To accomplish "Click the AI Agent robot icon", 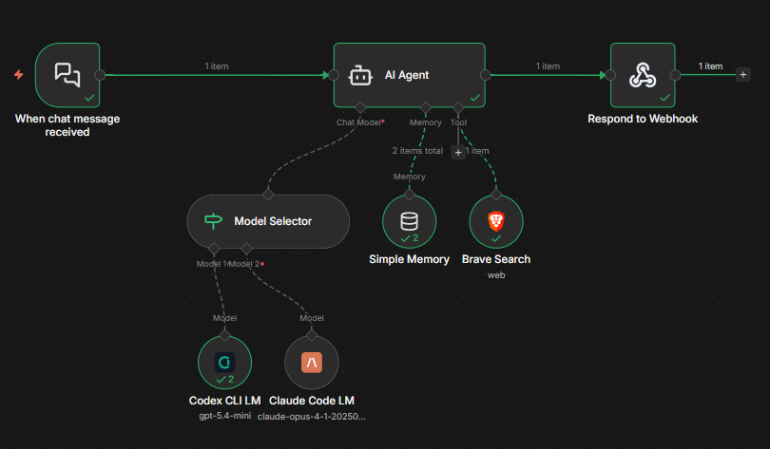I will coord(359,75).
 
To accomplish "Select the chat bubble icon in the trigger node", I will coord(67,74).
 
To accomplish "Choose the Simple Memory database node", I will coord(409,221).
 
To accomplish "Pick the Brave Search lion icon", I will coord(495,221).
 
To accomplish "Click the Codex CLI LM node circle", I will coord(224,363).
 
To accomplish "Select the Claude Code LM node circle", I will coord(311,363).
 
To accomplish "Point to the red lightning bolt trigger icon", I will coord(19,74).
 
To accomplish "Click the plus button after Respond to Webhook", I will coord(743,74).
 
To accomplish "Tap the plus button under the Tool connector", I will coord(457,152).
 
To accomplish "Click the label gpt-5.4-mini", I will coord(224,416).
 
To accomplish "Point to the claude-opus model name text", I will coord(311,416).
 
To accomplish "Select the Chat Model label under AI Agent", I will coord(358,122).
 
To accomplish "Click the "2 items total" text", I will coord(417,151).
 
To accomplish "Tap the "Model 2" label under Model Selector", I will coord(244,264).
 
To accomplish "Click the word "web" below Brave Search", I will coord(495,274).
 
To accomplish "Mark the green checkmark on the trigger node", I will coord(89,97).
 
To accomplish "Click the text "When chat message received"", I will coord(67,125).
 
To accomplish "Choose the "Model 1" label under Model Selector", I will coord(211,264).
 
